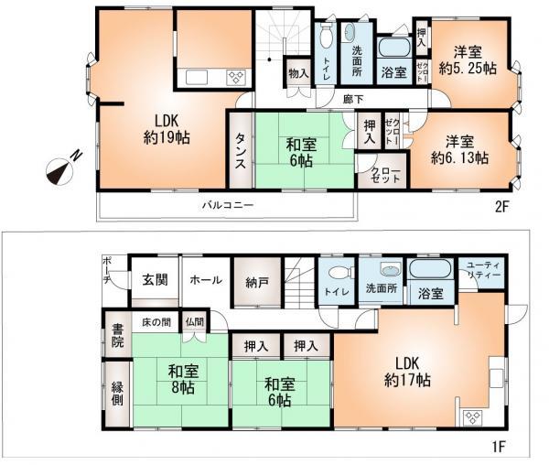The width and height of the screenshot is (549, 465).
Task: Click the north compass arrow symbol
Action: tap(61, 168)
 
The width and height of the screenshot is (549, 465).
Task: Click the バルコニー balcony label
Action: tap(228, 205)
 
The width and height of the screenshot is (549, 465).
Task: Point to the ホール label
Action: tap(206, 280)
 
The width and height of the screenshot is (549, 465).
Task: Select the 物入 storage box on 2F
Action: tap(297, 73)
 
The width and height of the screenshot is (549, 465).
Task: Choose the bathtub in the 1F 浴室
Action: tap(426, 271)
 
